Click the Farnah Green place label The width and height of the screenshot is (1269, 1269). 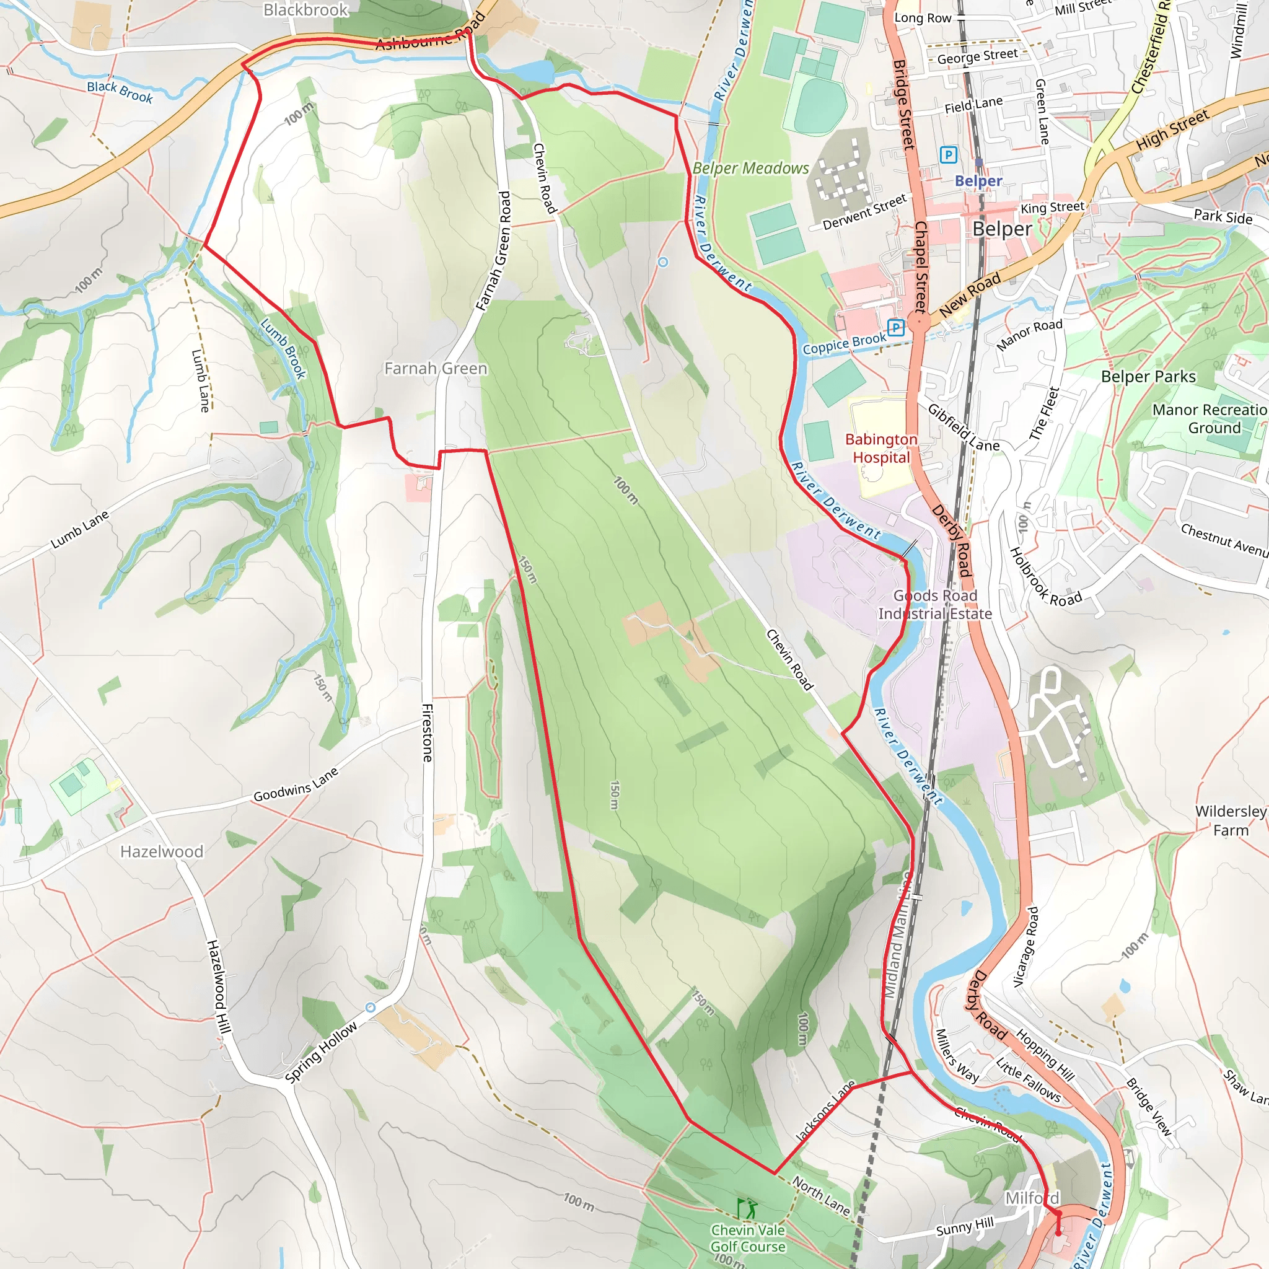coord(436,369)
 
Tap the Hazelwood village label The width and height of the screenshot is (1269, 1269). coord(162,851)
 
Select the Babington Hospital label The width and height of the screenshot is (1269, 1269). coord(881,448)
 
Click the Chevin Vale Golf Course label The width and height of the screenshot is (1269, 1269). coord(747,1237)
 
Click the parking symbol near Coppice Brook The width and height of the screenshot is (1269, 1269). coord(896,327)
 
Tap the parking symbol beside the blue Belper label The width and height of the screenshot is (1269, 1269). coord(948,155)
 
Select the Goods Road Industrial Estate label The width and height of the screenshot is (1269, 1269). coord(934,604)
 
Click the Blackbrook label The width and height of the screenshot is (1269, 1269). coord(305,10)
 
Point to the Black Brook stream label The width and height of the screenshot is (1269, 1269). coord(120,92)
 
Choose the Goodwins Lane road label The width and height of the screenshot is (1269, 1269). coord(296,785)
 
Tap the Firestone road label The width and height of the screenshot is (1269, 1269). coord(427,732)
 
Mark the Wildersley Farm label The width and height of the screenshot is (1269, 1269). coord(1230,820)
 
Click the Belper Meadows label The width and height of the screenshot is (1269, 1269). coord(751,168)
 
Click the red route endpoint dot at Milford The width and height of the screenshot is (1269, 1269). coord(1058,1233)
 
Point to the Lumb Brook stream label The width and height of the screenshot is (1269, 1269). coord(284,349)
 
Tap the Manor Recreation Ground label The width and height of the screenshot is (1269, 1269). coord(1210,418)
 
